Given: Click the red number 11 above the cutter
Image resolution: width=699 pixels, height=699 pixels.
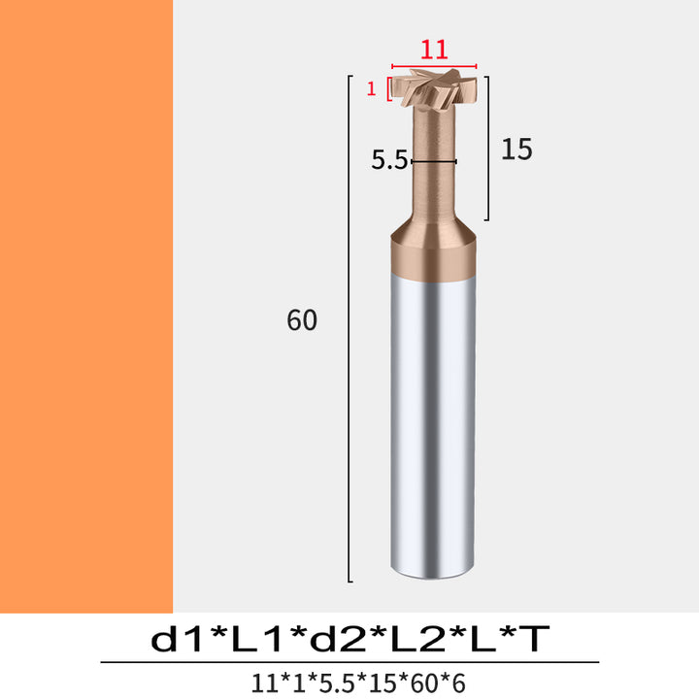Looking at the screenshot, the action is (434, 50).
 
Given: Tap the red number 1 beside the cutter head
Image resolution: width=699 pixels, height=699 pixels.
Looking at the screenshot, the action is (371, 89).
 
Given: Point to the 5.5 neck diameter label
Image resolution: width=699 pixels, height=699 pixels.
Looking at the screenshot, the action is (389, 160).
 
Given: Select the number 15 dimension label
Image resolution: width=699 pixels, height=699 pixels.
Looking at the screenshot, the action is (516, 149).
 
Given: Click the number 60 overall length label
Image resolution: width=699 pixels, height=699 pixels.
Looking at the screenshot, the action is (302, 319).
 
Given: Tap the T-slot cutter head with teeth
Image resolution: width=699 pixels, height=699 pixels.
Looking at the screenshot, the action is (434, 87).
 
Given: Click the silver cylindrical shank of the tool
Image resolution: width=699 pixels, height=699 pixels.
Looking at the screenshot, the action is (432, 426).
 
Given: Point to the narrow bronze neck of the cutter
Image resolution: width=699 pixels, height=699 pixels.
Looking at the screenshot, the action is (433, 163).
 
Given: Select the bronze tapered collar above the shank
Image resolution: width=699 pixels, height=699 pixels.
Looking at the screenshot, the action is (433, 250).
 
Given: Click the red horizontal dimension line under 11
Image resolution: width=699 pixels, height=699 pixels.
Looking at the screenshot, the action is (434, 66).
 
